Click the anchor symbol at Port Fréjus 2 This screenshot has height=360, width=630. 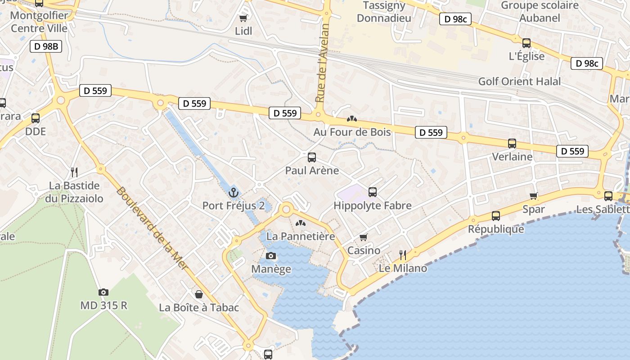[x=233, y=193]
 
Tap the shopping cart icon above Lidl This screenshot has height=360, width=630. [x=243, y=18]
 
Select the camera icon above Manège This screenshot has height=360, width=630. [x=271, y=256]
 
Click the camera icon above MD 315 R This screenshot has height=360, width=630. [x=103, y=292]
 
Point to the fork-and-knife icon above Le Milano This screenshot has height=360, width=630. [x=403, y=255]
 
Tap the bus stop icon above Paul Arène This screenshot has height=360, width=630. [x=312, y=157]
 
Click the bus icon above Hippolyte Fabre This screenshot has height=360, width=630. [x=373, y=192]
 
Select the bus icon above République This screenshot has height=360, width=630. [x=495, y=216]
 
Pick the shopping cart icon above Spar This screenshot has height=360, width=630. [x=534, y=196]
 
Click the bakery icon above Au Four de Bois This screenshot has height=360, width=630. [x=352, y=119]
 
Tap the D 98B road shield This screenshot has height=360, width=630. [x=46, y=46]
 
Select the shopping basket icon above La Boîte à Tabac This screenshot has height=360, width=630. [x=199, y=294]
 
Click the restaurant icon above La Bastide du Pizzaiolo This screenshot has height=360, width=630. [x=74, y=172]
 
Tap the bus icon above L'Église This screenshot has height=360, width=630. [x=526, y=43]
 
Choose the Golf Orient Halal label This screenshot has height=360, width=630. [x=519, y=81]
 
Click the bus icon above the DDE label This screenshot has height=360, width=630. [x=36, y=118]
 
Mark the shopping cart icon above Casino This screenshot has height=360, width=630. [x=364, y=237]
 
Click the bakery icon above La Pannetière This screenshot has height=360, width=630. [x=300, y=223]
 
